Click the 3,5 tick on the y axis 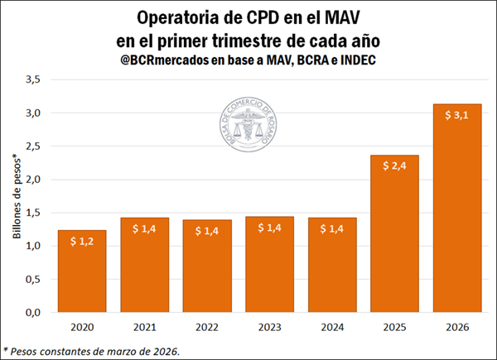coord(33,79)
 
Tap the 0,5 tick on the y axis coord(33,280)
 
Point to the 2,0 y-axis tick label coord(33,180)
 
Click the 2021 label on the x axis coord(145,328)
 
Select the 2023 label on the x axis coord(269,328)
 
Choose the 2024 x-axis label coord(331,328)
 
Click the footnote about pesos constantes coord(90,350)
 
